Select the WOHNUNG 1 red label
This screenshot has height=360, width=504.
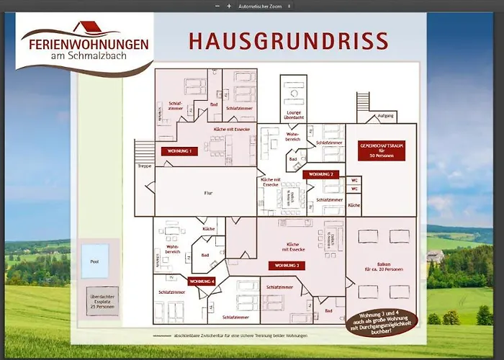click(180, 152)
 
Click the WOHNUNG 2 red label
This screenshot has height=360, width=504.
click(320, 174)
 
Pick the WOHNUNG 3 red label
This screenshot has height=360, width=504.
click(287, 265)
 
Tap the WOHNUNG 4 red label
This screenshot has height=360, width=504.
click(202, 281)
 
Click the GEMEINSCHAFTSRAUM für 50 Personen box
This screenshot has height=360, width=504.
click(377, 150)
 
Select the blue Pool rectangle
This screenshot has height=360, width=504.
click(94, 261)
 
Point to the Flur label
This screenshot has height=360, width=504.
click(207, 193)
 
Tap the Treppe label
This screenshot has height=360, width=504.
click(144, 166)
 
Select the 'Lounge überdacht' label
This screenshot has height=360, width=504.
click(293, 113)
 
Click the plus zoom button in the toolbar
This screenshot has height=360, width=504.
click(229, 6)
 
